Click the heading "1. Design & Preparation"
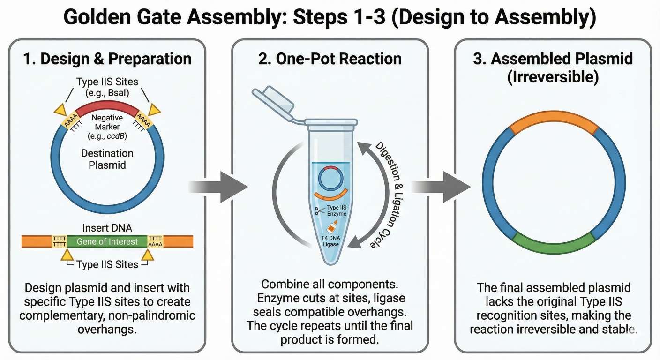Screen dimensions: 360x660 [107, 59]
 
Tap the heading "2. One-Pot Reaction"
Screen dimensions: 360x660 [330, 59]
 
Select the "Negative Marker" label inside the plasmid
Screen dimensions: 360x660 [107, 123]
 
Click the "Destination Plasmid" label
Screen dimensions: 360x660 [107, 159]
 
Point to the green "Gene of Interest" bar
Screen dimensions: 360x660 [108, 241]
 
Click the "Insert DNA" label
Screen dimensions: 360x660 [108, 228]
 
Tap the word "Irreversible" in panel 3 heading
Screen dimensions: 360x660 [553, 76]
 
